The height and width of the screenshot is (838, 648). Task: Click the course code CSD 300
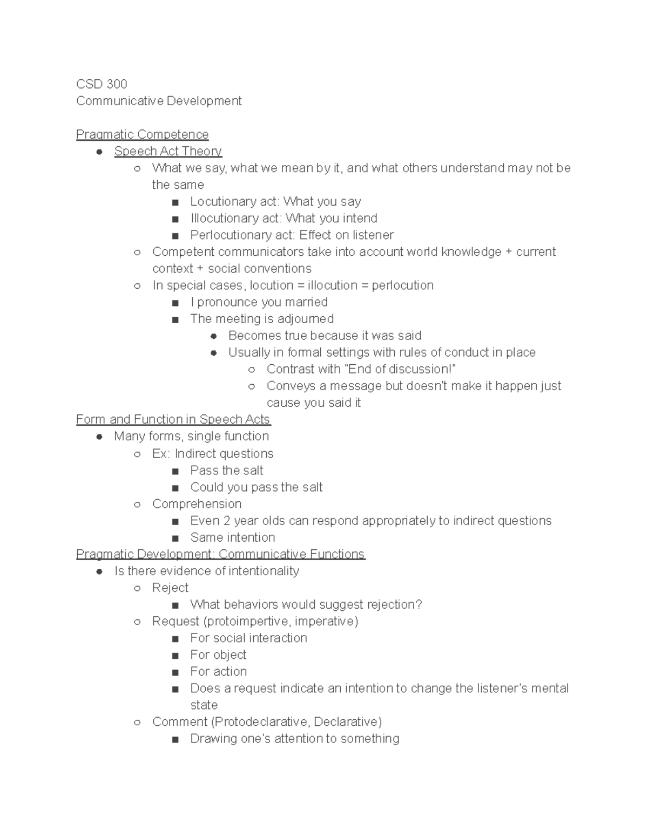pos(102,84)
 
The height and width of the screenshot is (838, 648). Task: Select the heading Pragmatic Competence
pos(142,134)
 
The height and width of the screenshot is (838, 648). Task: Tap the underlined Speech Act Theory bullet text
pos(168,151)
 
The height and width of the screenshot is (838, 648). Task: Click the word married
pos(306,302)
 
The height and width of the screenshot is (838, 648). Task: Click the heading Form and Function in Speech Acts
pos(173,419)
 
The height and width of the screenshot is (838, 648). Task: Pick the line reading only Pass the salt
pos(226,471)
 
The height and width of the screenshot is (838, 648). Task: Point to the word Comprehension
pos(197,504)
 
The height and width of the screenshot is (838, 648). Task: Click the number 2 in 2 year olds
pos(226,521)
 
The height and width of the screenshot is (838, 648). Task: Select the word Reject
pos(170,588)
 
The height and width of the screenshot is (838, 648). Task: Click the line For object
pos(218,655)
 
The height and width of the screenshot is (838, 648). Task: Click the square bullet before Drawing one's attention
pos(174,740)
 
